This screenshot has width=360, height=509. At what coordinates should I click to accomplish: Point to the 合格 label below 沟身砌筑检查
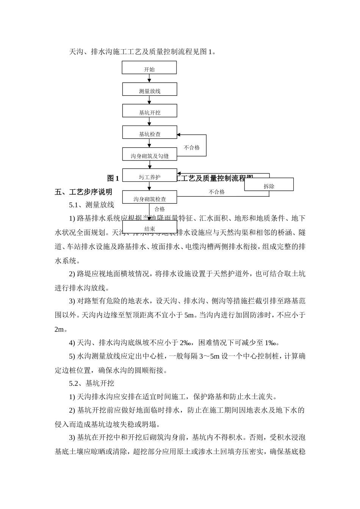160,209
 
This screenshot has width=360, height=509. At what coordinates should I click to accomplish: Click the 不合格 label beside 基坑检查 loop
192,148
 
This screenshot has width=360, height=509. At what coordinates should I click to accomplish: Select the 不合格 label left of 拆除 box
217,192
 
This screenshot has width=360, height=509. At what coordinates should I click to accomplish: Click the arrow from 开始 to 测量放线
149,78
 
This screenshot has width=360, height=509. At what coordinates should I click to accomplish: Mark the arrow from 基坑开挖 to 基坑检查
149,122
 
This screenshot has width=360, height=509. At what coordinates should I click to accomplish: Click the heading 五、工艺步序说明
83,192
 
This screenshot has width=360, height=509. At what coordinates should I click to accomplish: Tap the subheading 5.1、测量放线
91,205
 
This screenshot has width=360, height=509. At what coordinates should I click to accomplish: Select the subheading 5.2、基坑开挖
91,384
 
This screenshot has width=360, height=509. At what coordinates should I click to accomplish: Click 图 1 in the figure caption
113,178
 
